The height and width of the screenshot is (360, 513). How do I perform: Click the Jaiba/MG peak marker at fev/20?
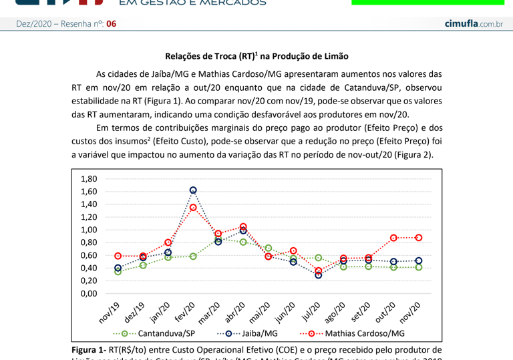tap(193, 190)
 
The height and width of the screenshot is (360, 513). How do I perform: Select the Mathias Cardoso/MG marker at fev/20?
tap(193, 208)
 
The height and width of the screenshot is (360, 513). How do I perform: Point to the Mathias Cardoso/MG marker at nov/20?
tap(418, 238)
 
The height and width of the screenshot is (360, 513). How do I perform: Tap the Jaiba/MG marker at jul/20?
tap(319, 275)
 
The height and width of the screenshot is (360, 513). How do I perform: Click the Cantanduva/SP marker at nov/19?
tap(118, 271)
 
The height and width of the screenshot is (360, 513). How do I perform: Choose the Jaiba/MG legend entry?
tap(250, 333)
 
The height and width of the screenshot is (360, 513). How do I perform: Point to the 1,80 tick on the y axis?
tap(89, 179)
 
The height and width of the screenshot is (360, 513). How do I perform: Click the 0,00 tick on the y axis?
tap(89, 293)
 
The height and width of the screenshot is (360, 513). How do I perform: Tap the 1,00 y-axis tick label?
tap(89, 230)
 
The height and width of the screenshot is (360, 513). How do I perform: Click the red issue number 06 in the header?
tap(111, 24)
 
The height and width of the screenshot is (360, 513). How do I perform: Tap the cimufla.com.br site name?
tap(473, 24)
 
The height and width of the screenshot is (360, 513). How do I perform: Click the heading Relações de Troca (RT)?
tap(256, 57)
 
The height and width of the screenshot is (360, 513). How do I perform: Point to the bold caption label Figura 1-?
tap(89, 349)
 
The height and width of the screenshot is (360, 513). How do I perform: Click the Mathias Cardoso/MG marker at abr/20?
tap(243, 227)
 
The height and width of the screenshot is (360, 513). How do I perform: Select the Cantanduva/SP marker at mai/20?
tap(269, 248)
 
